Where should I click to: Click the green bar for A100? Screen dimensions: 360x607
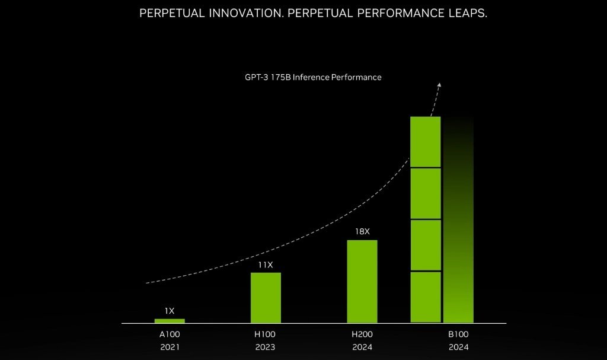[x=170, y=321]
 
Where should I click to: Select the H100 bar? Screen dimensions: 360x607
[x=266, y=298]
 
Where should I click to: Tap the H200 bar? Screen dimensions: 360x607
[x=362, y=281]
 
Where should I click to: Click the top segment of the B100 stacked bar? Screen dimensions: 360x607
[x=426, y=142]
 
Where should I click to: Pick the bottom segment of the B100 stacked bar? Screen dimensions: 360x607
[x=426, y=297]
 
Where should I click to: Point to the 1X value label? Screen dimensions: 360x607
[x=170, y=310]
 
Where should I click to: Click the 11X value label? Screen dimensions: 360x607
[x=266, y=265]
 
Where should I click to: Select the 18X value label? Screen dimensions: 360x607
[x=362, y=231]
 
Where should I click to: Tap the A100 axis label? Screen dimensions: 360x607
[x=170, y=334]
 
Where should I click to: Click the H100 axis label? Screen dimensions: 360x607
[x=266, y=334]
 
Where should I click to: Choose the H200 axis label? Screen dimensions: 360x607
[x=362, y=334]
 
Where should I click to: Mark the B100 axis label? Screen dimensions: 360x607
[x=458, y=334]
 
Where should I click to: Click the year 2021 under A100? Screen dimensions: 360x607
[x=170, y=347]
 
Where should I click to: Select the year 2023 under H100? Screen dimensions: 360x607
[x=266, y=347]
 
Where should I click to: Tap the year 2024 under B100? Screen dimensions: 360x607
[x=458, y=347]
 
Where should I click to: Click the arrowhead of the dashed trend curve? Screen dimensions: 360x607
[x=439, y=84]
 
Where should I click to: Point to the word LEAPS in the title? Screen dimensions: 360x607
[x=468, y=13]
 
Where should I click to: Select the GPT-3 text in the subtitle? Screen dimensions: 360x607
[x=258, y=77]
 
